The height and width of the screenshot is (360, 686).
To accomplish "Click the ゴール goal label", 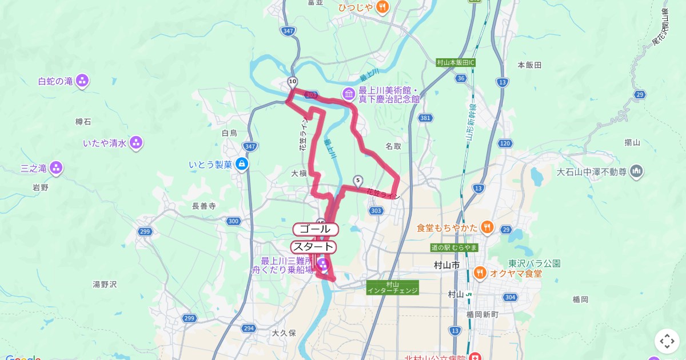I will point(316,229).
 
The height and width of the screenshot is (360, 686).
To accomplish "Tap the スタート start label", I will point(313,247).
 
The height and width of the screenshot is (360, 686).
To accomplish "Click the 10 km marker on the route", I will point(293,82).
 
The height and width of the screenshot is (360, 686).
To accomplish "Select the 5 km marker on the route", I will point(358,181).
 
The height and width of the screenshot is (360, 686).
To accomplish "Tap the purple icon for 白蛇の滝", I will point(82,81).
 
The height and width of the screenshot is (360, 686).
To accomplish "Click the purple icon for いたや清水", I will point(136,142).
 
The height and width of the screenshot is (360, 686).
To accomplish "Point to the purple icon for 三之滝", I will point(56,168).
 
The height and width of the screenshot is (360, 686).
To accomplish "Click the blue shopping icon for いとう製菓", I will point(242,165).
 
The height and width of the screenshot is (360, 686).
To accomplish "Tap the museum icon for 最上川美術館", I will point(349,93).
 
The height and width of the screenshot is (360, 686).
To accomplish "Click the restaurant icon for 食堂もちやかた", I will point(486,227).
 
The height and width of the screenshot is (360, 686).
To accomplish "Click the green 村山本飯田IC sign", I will point(456,62).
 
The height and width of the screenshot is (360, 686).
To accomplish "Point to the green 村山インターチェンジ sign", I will point(393,287).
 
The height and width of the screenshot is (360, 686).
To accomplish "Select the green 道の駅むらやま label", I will point(454,247).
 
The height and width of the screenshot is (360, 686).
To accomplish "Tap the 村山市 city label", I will point(447,266).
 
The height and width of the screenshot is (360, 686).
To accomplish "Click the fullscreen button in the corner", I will point(667,341).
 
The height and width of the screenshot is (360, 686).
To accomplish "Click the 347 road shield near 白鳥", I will point(249,147).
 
